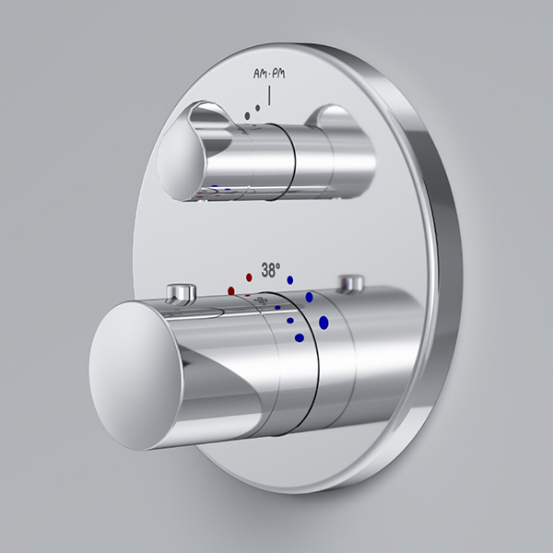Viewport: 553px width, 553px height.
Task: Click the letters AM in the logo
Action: [x=260, y=74]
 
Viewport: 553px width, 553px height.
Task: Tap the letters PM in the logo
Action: [x=278, y=74]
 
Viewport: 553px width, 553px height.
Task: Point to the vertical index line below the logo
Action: [x=269, y=95]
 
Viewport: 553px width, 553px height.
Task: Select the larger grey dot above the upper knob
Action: [x=247, y=115]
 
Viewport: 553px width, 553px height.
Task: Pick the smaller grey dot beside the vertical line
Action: [x=258, y=108]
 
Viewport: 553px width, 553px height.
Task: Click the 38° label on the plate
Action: [x=271, y=270]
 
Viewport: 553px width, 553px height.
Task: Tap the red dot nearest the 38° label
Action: [x=249, y=277]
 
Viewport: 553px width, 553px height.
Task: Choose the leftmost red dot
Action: [x=231, y=290]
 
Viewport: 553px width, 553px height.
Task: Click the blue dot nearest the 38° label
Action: [x=290, y=280]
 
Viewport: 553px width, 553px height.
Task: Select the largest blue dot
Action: [x=324, y=323]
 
